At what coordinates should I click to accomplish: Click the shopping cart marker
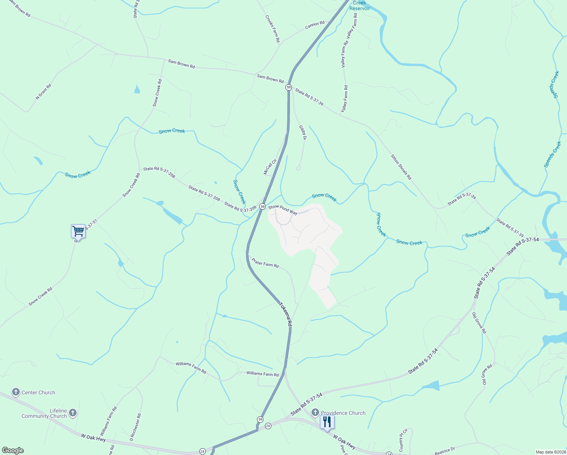coord(78,231)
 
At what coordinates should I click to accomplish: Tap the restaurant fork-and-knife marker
coord(327,422)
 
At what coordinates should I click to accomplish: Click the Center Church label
coord(38,392)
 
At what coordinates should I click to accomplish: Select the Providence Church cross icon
coord(315,413)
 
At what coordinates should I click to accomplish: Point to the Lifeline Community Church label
coord(44,413)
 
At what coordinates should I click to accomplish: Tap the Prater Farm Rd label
coord(265,263)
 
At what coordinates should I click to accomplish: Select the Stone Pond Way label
coord(283,210)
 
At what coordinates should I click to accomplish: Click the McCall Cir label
coord(270,167)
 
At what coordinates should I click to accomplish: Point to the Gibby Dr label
coord(302,133)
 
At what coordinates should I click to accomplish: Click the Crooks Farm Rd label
coord(273,28)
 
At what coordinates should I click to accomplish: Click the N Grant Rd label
coord(43,92)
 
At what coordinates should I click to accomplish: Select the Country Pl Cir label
coord(403,440)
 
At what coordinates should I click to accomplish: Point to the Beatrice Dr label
coord(445,451)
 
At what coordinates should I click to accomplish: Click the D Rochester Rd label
coord(135,427)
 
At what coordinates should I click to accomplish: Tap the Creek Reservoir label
coord(360,5)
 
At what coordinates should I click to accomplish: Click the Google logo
coord(13,450)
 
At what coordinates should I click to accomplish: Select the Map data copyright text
coord(550,452)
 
